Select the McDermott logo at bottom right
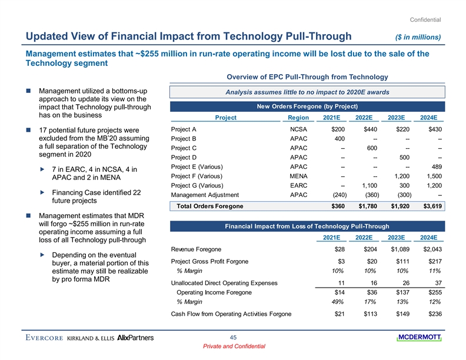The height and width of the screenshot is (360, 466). [421, 336]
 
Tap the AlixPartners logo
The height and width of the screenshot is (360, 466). [136, 338]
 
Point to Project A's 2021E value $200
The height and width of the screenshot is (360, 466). [338, 129]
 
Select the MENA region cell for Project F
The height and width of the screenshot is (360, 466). [300, 176]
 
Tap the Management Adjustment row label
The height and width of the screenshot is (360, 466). [205, 195]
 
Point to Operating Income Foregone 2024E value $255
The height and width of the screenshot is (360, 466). [435, 292]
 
